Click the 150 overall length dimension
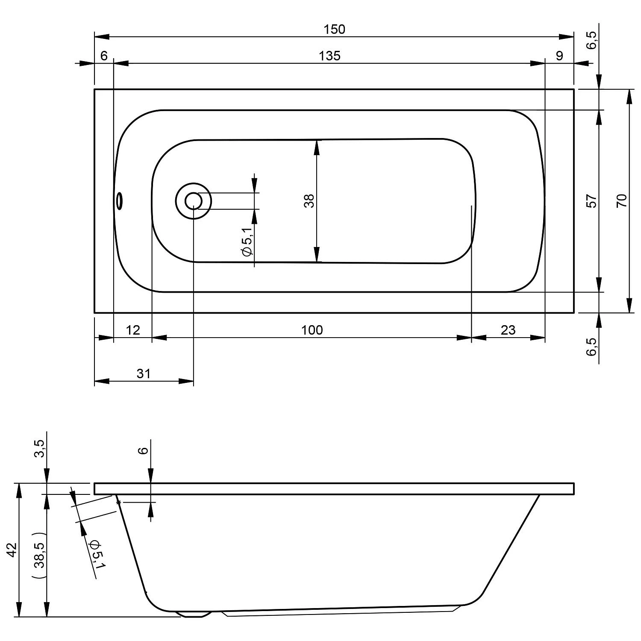coord(334,29)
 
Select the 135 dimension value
coord(330,56)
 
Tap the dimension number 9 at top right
coord(560,56)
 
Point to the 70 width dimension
coord(622,201)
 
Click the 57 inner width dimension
coord(591,201)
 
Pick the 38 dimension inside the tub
coord(309,201)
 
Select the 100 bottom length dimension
coord(312,330)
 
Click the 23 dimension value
coord(508,330)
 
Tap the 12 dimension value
coord(133,330)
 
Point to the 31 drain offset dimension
coord(144,373)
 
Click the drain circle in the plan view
coord(194,201)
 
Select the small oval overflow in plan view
coord(120,200)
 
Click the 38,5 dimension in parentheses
coord(39,556)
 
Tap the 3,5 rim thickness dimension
coord(39,449)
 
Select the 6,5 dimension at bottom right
coord(591,346)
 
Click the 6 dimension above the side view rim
coord(144,450)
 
